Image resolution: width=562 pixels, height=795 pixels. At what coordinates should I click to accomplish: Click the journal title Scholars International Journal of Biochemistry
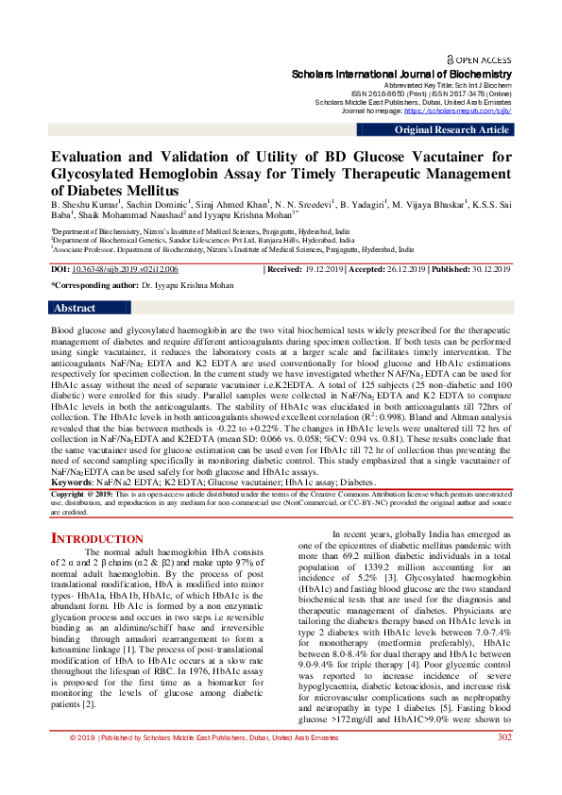coord(401,74)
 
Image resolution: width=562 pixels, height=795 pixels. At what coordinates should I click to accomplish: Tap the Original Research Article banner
coord(451,130)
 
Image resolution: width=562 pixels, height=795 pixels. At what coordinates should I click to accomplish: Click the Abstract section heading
coord(75,308)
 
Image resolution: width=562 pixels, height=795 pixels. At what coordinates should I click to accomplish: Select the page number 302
coord(504,764)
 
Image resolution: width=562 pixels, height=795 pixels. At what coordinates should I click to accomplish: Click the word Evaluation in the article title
coord(90,158)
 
